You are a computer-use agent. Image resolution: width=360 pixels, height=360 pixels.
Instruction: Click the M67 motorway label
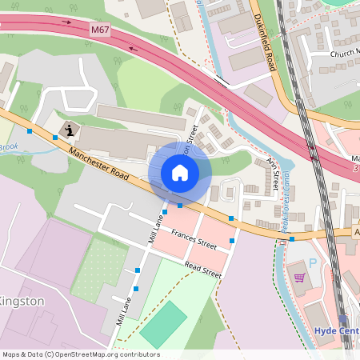(x=99, y=30)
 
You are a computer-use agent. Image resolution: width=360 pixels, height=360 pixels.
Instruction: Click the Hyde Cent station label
(x=336, y=330)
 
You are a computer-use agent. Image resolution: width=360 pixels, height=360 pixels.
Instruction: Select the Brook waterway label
(x=7, y=147)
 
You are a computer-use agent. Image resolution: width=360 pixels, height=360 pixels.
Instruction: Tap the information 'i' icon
(x=70, y=130)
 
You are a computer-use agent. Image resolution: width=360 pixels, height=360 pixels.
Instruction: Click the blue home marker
(x=180, y=173)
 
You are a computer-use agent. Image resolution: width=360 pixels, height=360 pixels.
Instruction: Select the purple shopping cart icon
(x=300, y=278)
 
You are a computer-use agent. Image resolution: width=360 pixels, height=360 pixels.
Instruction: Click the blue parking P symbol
(x=313, y=262)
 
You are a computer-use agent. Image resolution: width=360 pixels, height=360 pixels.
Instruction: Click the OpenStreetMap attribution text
(x=80, y=354)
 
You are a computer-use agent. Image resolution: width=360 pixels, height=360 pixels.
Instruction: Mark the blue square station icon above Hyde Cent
(x=343, y=318)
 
